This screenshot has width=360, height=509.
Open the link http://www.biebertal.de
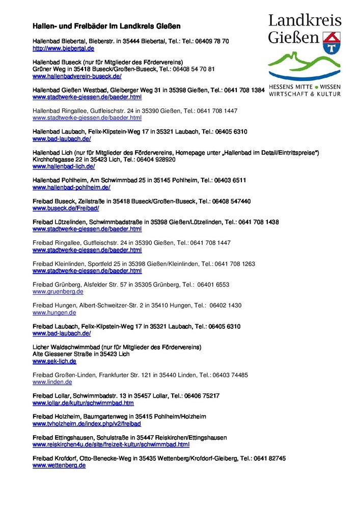tap(63, 48)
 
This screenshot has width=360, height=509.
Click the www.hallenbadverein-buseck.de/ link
tap(77, 76)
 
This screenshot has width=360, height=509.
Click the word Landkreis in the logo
tap(304, 21)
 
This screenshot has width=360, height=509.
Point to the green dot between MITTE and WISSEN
tap(316, 87)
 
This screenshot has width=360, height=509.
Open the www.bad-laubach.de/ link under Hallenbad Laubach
tap(62, 138)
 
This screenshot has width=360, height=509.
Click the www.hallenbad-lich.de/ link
tap(64, 166)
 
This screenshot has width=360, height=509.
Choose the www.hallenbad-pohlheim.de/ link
tap(71, 187)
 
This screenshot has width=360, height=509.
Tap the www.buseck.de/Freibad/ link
tap(66, 208)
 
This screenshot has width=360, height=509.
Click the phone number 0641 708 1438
tap(258, 222)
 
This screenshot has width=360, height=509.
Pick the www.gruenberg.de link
tap(58, 292)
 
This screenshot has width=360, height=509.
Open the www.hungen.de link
tap(54, 313)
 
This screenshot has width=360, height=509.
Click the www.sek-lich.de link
tap(54, 361)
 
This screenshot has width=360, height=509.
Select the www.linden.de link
tap(52, 382)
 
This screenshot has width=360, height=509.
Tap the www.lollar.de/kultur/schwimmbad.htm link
tap(83, 403)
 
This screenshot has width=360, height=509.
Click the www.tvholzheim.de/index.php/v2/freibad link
tap(87, 423)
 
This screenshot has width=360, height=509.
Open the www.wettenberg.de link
tap(59, 465)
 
